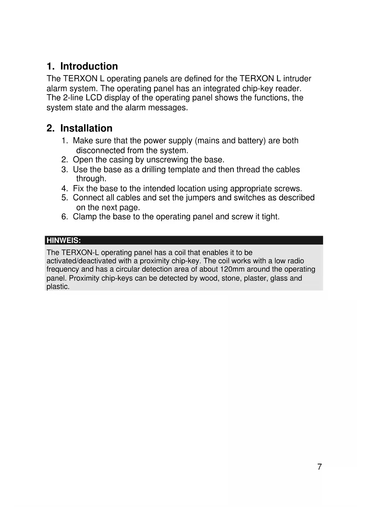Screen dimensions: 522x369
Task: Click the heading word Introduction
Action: tap(89, 66)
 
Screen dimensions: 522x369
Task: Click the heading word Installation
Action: tap(86, 128)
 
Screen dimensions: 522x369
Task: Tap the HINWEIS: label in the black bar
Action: tap(64, 240)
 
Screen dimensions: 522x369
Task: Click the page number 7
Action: tap(319, 467)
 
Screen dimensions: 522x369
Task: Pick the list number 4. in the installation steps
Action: tap(65, 189)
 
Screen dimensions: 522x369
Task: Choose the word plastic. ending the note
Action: tap(58, 287)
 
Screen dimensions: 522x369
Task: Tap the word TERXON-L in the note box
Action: tap(80, 253)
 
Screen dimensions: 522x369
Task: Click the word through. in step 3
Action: tap(91, 179)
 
